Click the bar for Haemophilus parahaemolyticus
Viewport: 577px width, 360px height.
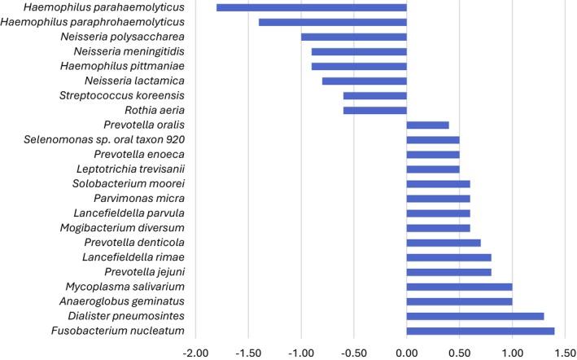coord(312,7)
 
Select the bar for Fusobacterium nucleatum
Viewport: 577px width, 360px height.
coord(480,331)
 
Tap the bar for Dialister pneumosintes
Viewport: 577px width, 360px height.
coord(475,316)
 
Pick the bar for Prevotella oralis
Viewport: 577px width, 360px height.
coord(427,125)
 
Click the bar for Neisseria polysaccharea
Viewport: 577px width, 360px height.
coord(354,37)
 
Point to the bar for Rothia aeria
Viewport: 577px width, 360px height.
coord(375,110)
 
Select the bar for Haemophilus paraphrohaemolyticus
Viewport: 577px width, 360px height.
coord(333,22)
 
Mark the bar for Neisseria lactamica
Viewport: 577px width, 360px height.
coord(365,81)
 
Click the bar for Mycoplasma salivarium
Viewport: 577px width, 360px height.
coord(459,287)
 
